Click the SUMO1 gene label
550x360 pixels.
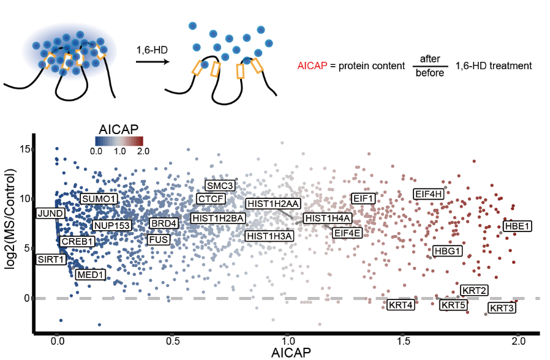pos(99,199)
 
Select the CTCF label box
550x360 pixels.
pos(210,198)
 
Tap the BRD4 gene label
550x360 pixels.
pos(164,223)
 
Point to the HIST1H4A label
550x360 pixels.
pos(328,219)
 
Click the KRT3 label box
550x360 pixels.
pos(502,307)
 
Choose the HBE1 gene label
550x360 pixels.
pos(517,226)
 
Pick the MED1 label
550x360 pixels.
pos(90,274)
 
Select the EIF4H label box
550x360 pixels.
pos(429,194)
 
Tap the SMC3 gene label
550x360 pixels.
pos(219,186)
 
